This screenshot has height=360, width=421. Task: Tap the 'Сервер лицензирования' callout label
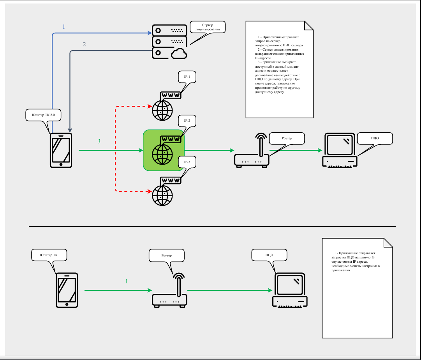tap(207, 27)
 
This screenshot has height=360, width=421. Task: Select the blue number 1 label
tap(64, 27)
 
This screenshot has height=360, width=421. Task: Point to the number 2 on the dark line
tap(84, 44)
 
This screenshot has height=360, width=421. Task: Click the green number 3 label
tap(99, 141)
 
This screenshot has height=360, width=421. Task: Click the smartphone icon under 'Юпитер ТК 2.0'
tap(61, 150)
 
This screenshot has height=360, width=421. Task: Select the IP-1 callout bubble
tap(187, 77)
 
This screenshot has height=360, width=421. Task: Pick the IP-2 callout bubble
tap(187, 121)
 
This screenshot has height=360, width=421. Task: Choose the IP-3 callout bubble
tap(187, 162)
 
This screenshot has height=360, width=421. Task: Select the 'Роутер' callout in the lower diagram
tap(166, 255)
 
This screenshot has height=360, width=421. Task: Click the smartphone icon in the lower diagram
tap(67, 290)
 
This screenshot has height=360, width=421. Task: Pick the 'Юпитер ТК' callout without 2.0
tap(49, 255)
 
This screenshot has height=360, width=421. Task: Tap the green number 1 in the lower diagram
tap(126, 281)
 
